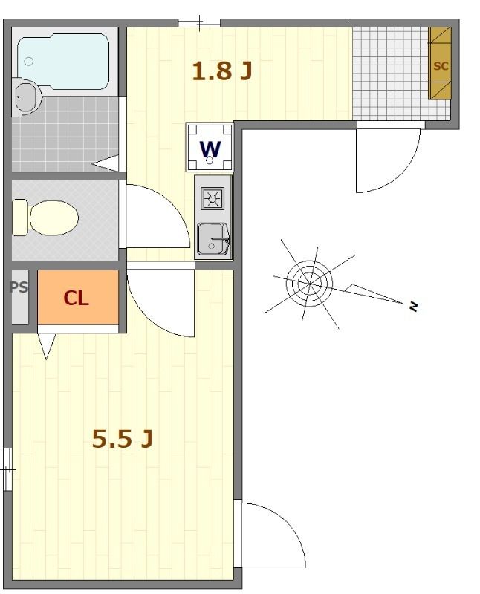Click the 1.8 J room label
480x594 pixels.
tap(222, 71)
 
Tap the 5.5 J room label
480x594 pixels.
tap(123, 439)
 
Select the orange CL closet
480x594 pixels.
tap(77, 298)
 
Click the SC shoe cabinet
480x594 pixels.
tap(441, 65)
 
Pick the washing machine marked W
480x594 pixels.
tap(211, 146)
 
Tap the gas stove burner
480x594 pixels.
tap(213, 198)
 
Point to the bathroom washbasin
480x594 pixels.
tap(27, 97)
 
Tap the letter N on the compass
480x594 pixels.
tap(413, 304)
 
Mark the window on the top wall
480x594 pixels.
tap(199, 22)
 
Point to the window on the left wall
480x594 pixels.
tap(7, 469)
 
